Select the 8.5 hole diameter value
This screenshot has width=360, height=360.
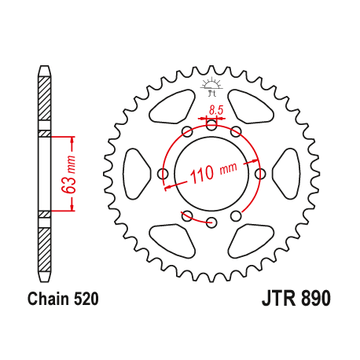[213, 109]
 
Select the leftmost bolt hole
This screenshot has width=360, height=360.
[163, 173]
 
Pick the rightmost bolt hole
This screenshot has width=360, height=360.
[259, 173]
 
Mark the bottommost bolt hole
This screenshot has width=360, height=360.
[211, 222]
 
